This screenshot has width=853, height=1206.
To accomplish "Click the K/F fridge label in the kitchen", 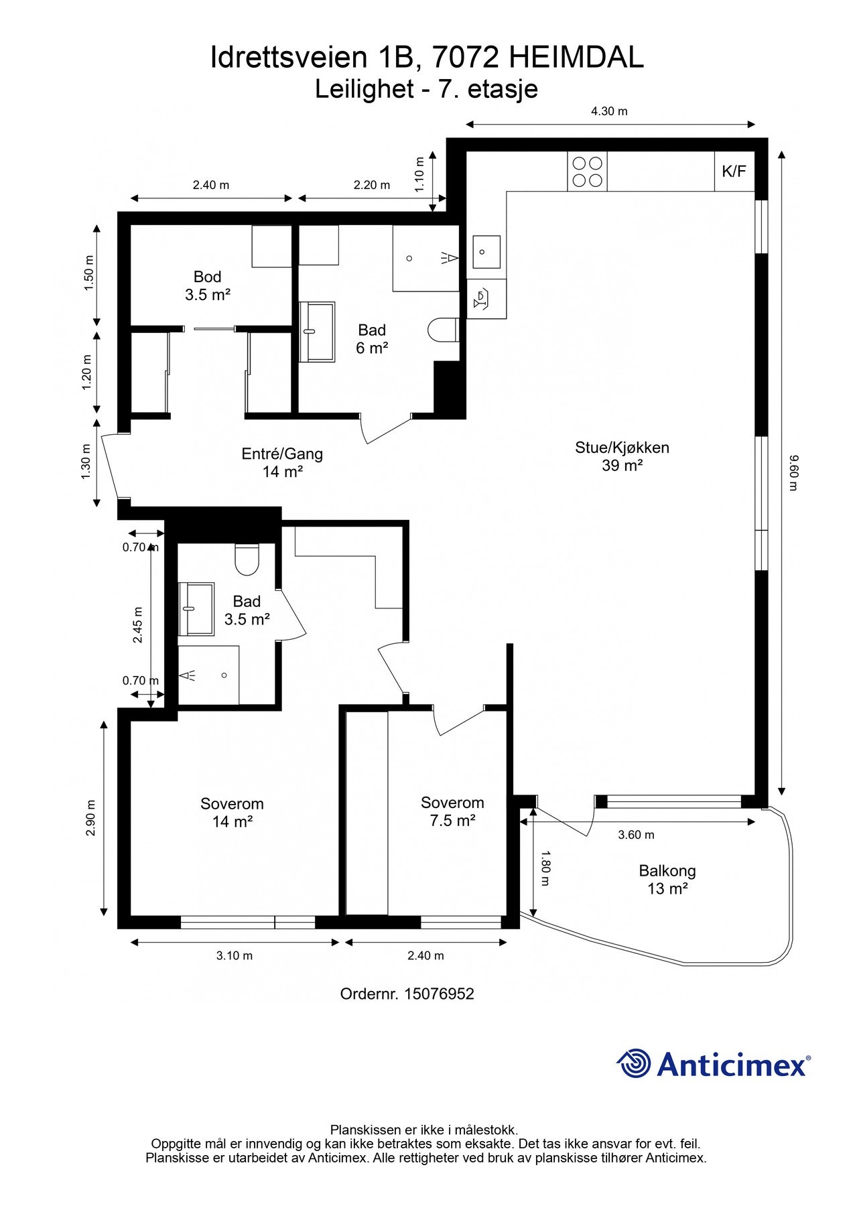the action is pyautogui.click(x=734, y=171).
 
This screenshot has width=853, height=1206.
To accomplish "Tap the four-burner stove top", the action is pyautogui.click(x=587, y=172).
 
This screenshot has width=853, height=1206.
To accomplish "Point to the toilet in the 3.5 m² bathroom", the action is pyautogui.click(x=247, y=559).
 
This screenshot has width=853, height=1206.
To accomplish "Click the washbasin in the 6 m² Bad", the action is pyautogui.click(x=317, y=332).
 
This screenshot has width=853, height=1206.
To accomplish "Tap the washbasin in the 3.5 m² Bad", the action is pyautogui.click(x=196, y=608).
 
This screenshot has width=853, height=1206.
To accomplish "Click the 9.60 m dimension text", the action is pyautogui.click(x=793, y=472).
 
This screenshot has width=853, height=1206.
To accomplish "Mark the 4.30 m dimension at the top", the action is pyautogui.click(x=609, y=111).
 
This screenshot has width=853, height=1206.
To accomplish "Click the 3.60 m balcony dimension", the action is pyautogui.click(x=636, y=835).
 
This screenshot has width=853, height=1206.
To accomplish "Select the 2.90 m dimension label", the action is pyautogui.click(x=91, y=818).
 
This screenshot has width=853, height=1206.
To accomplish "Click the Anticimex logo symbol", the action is pyautogui.click(x=633, y=1063).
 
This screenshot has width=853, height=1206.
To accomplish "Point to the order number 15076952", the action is pyautogui.click(x=439, y=994).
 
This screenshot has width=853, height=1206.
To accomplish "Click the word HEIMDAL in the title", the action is pyautogui.click(x=576, y=58).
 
